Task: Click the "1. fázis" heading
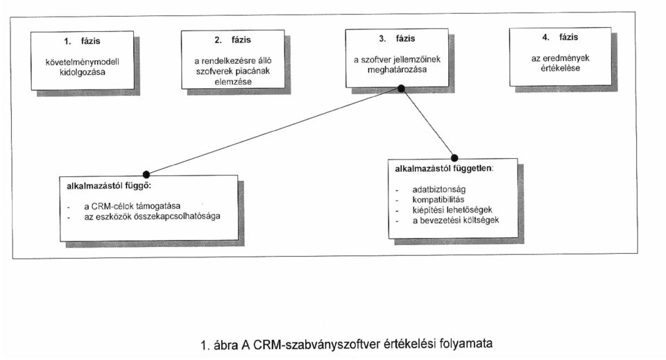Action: [83, 41]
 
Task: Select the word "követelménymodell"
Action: [83, 62]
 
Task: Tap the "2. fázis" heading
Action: [233, 40]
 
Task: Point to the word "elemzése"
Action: [233, 82]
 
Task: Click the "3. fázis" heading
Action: [397, 39]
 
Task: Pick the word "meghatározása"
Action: [397, 69]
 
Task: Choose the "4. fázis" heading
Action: [561, 37]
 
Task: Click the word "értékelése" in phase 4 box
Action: [561, 68]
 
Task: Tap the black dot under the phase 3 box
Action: [401, 88]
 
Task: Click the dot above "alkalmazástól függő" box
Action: [146, 175]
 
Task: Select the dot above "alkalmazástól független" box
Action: [454, 158]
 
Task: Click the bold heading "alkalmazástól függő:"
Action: [109, 186]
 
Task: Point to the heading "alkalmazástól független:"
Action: [444, 169]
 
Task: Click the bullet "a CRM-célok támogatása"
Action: [132, 206]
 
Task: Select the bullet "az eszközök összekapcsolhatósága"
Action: [152, 216]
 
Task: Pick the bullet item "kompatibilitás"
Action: [438, 200]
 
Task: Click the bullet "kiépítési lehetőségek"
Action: [452, 209]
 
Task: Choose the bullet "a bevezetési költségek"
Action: [456, 221]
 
